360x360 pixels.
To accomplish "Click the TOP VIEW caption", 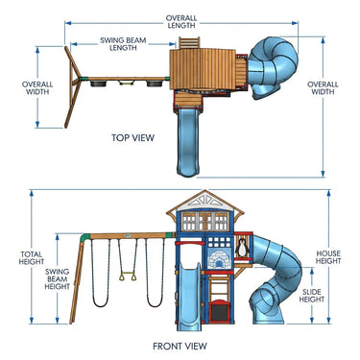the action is point(132,138).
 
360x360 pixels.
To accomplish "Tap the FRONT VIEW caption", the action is point(180,346).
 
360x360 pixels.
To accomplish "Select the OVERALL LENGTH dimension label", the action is point(181,22).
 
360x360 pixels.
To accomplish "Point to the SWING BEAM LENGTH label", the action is point(123,44).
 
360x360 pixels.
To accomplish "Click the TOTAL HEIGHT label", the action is point(31,258).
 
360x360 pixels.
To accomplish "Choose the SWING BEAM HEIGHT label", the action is point(57,279).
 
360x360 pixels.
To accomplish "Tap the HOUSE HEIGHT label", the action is point(328,257).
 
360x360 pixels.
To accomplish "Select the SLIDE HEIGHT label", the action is point(312,296).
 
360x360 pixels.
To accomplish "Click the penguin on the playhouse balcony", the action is point(242,248).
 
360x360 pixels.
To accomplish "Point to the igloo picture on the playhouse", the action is point(219,258).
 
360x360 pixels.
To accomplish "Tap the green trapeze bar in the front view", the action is point(128,276).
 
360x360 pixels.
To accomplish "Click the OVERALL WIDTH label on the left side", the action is point(37,88).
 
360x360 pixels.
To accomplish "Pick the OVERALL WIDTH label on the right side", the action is point(323,88).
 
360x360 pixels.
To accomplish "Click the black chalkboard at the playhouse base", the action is point(220,312).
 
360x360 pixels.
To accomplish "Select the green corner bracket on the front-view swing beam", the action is point(84,238).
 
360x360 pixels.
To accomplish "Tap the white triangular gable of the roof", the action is point(204,200).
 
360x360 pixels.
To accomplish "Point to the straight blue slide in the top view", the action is point(188,142).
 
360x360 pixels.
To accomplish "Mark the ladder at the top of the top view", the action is point(189,42).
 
